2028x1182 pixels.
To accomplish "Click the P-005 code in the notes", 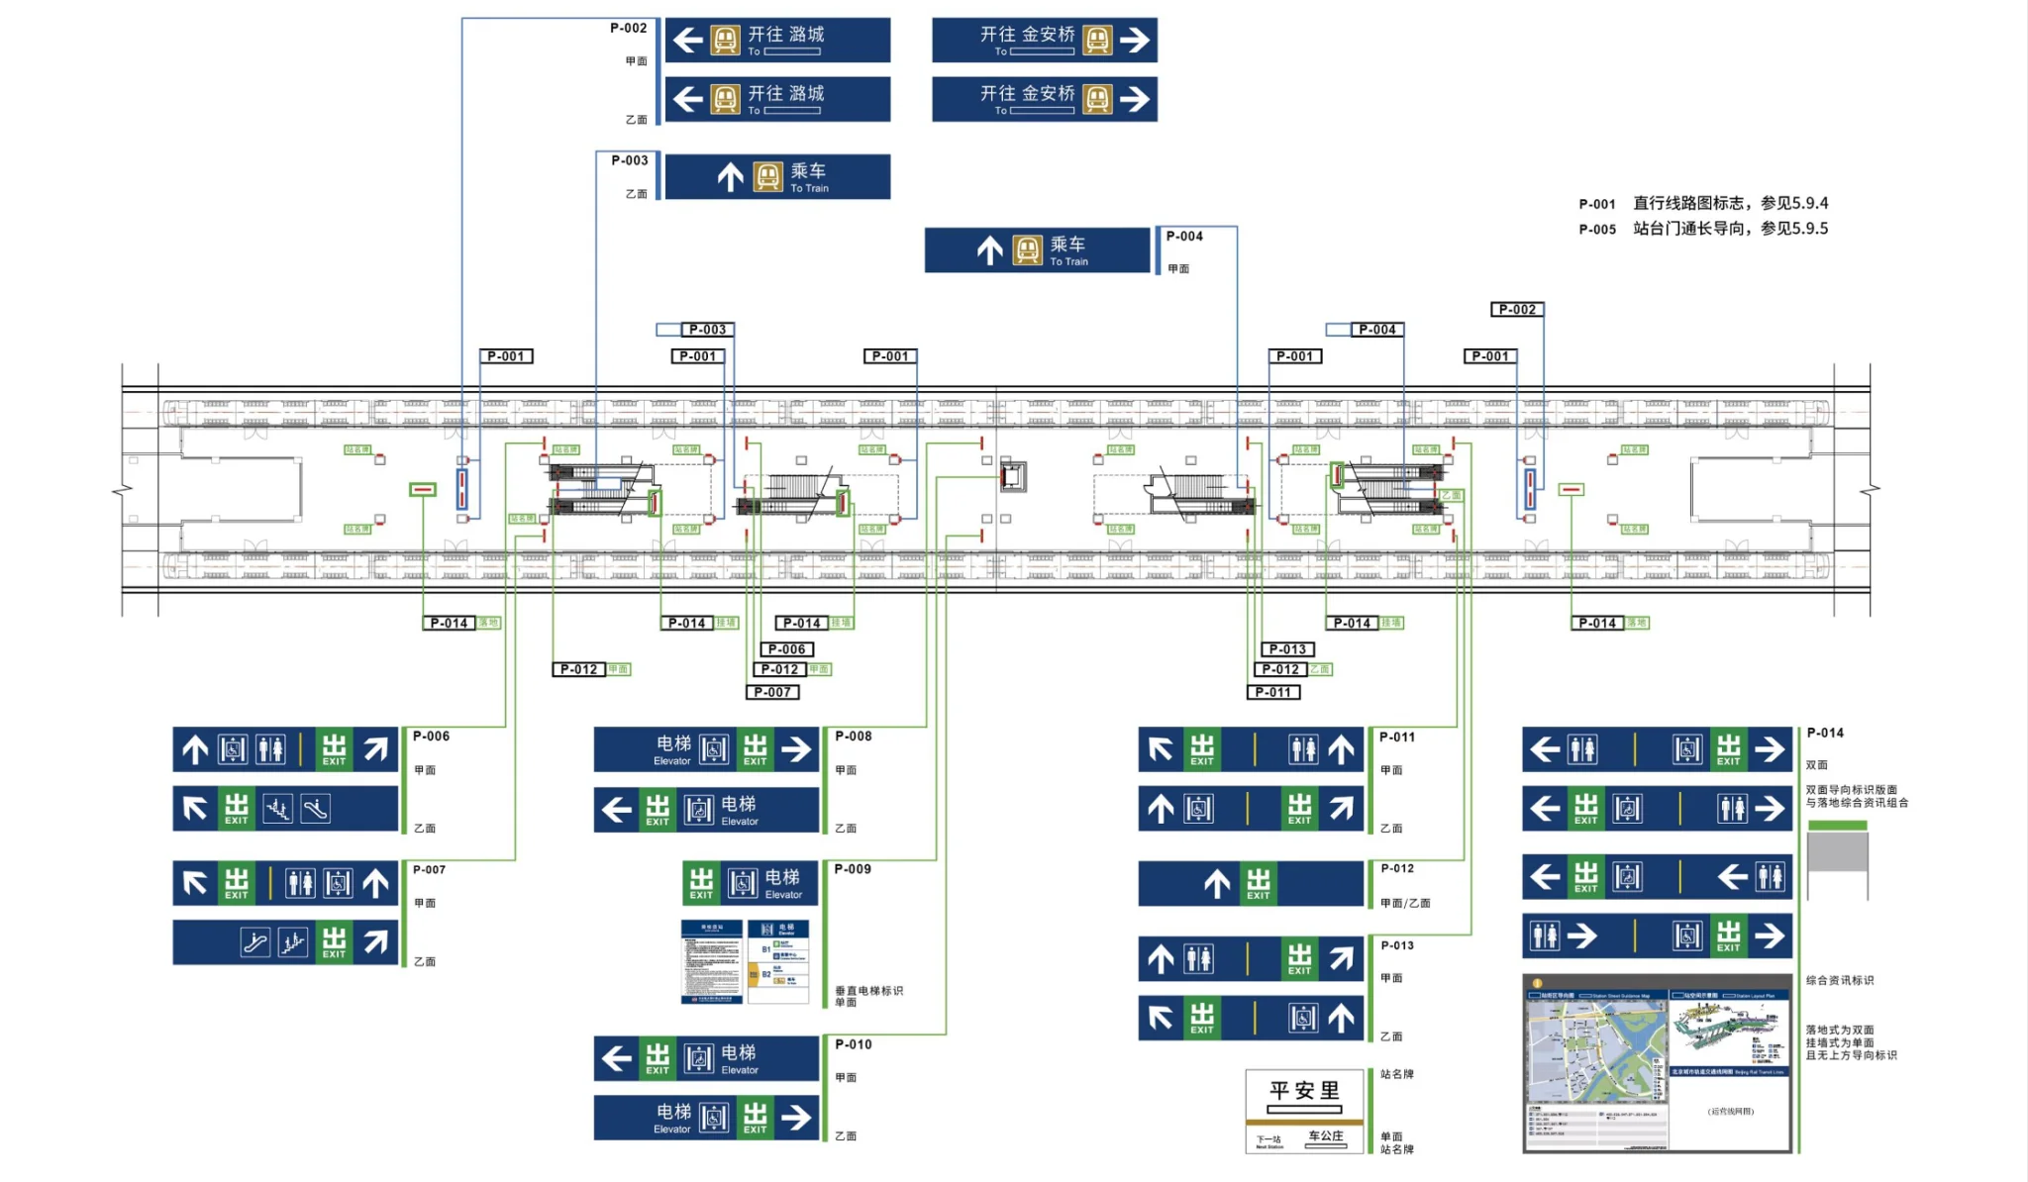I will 1596,230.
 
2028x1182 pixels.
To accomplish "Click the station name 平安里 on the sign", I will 1304,1090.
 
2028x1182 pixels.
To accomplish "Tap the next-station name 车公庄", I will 1325,1136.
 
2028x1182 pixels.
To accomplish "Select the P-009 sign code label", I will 853,869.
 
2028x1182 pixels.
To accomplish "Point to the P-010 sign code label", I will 853,1044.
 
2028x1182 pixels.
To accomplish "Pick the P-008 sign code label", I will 853,737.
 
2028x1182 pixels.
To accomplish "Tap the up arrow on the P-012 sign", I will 1217,883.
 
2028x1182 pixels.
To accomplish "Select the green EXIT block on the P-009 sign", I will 701,883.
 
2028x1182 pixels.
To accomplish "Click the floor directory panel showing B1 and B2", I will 778,961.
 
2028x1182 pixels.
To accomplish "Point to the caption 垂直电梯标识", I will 868,990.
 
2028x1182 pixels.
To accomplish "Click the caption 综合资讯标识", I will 1840,980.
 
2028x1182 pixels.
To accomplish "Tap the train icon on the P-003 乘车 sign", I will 768,177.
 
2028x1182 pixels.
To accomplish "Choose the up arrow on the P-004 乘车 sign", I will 989,250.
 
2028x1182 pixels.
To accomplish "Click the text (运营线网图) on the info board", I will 1730,1111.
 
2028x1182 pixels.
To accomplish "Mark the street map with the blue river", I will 1596,1051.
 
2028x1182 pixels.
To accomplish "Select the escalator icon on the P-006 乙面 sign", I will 316,809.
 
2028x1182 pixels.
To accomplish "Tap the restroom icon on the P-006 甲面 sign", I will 270,749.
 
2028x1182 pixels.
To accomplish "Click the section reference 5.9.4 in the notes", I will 1810,203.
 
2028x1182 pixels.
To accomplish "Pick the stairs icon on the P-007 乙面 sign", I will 292,942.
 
